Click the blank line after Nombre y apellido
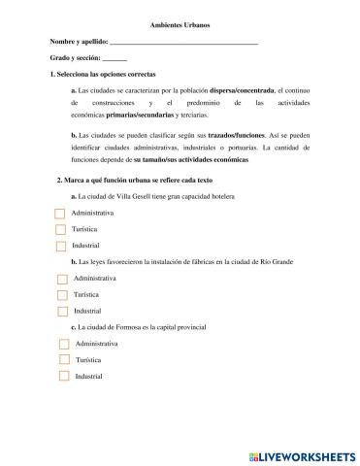184,45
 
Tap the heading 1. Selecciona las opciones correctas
102,75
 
